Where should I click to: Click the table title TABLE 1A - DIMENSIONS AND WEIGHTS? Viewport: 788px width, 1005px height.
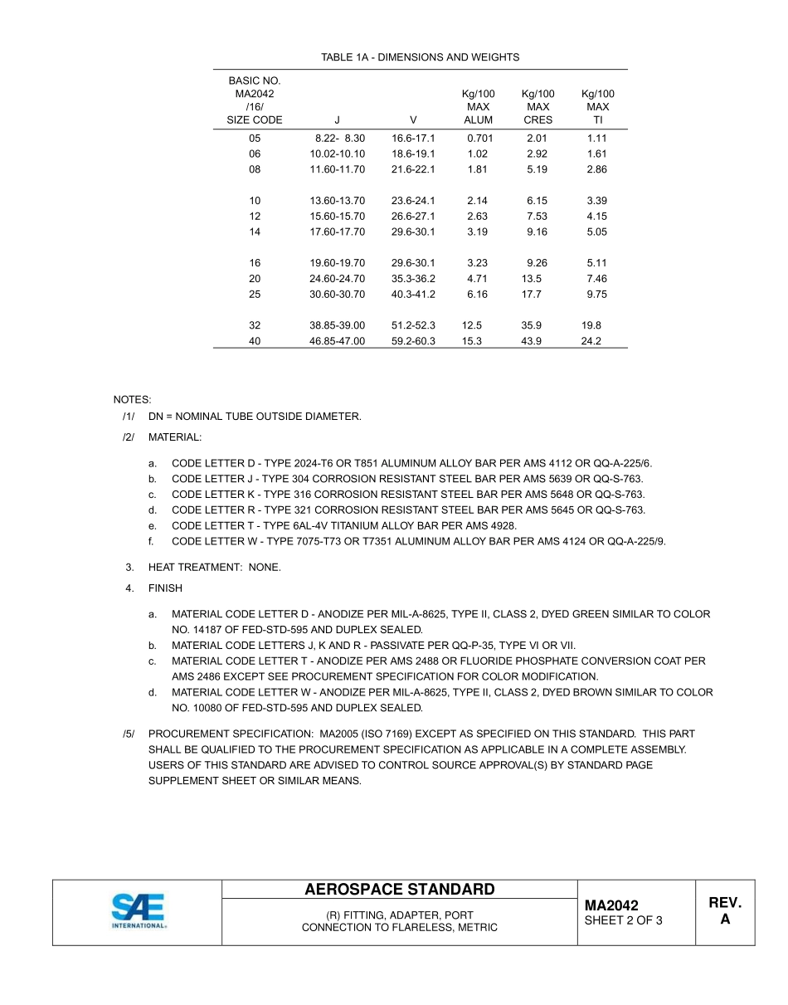coord(420,57)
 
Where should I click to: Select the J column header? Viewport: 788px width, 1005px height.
coord(337,120)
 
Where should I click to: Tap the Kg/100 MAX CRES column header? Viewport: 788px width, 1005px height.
coord(537,107)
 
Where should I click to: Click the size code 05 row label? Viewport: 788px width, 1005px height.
coord(255,139)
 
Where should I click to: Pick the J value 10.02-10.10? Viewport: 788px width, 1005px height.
coord(337,154)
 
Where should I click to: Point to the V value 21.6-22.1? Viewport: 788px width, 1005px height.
coord(413,169)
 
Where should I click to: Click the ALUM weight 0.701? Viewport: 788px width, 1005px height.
coord(479,139)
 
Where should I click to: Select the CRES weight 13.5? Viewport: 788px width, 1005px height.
coord(532,279)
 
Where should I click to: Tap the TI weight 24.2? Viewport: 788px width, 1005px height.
coord(591,341)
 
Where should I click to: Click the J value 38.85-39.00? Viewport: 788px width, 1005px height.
coord(337,326)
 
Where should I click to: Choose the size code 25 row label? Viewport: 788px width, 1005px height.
coord(255,295)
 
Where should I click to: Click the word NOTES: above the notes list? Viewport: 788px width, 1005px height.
coord(132,400)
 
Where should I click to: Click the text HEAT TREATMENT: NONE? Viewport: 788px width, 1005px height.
coord(214,568)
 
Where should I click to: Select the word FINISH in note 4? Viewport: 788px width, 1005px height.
coord(165,588)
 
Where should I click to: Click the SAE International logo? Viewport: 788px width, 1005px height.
coord(139,912)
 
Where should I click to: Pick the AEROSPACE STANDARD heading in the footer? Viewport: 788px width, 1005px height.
coord(399,890)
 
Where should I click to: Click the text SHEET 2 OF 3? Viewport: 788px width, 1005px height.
coord(623,920)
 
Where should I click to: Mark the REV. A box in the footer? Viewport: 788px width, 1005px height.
coord(725,911)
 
